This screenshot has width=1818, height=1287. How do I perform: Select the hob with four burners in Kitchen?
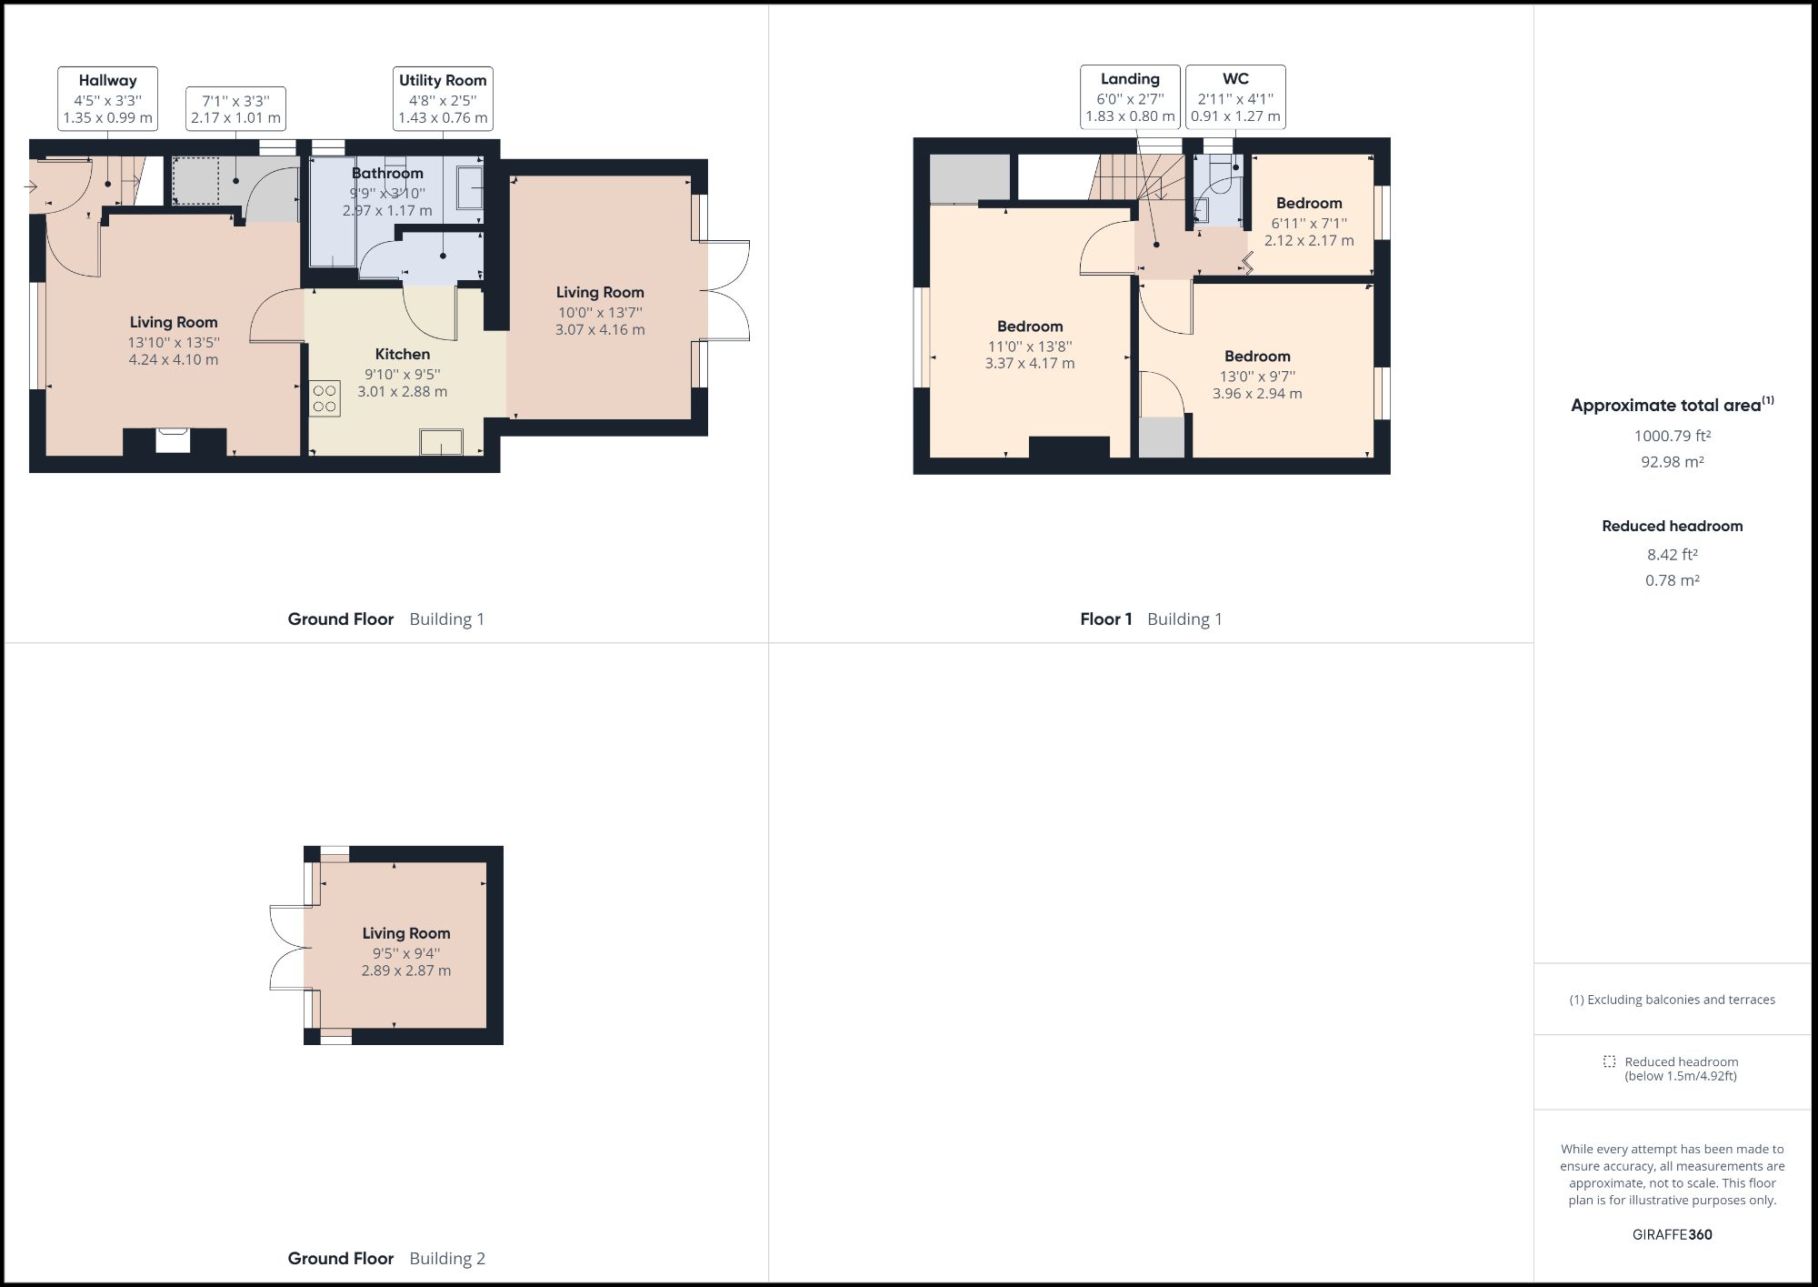coord(325,398)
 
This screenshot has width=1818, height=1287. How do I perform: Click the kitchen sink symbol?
coord(441,443)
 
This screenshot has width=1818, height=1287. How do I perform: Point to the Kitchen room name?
coord(402,354)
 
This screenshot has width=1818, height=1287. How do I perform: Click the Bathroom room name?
coord(387,173)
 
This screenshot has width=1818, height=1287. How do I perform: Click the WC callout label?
coord(1235,79)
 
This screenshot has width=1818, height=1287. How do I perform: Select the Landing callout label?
coord(1130,79)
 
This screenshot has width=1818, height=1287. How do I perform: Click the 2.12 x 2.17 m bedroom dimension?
coord(1308,241)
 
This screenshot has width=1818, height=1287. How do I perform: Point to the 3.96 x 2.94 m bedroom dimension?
coord(1256,394)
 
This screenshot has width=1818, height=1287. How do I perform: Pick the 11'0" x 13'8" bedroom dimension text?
coord(1029,346)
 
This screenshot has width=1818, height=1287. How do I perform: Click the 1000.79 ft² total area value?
coord(1672,436)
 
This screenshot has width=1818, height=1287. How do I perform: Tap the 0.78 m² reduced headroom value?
coord(1672,580)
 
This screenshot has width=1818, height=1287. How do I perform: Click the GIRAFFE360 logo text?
coord(1672,1234)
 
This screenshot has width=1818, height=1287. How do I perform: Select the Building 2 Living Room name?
coord(405,933)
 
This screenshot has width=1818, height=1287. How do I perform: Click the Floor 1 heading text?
coord(1105,619)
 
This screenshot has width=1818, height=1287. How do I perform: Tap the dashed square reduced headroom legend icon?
coord(1609,1061)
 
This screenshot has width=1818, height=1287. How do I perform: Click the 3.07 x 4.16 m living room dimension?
coord(600,330)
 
